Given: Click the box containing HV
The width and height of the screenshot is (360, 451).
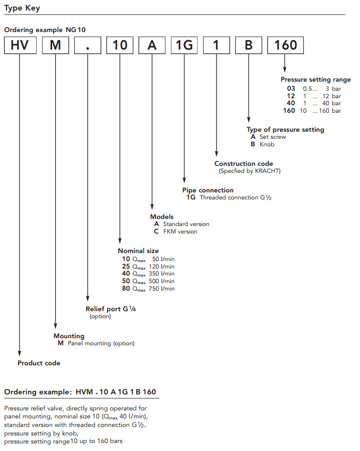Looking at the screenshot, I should coord(20,46).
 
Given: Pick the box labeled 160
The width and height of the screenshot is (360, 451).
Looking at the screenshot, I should coord(285,46).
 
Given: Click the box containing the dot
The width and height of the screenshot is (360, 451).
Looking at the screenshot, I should coord(88,46).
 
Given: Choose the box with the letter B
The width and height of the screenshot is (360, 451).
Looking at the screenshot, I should coord(249,46).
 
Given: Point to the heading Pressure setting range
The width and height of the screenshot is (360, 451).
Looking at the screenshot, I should coord(315,80).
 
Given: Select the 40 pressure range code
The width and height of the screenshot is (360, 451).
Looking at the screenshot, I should coord(290,103).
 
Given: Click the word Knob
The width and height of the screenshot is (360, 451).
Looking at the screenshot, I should coord(267,144).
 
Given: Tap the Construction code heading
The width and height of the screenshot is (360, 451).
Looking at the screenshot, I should coord(244,164).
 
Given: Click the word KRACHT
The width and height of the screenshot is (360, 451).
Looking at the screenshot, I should coord(267,171).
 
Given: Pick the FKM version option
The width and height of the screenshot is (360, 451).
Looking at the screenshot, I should coord(180,232).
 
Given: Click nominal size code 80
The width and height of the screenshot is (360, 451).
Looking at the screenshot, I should coord(126,289).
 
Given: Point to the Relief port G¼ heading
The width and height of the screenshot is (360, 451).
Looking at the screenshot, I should coord(111,309).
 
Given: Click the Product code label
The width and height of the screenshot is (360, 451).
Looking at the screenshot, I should coord(39,363).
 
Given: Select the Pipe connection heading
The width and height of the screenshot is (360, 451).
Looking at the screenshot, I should coord(208,190).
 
